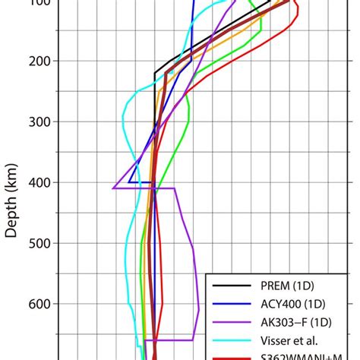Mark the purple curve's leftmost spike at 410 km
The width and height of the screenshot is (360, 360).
tap(113, 188)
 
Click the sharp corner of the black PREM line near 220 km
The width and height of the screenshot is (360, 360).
tap(155, 73)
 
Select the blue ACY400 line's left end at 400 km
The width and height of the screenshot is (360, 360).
tap(129, 182)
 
